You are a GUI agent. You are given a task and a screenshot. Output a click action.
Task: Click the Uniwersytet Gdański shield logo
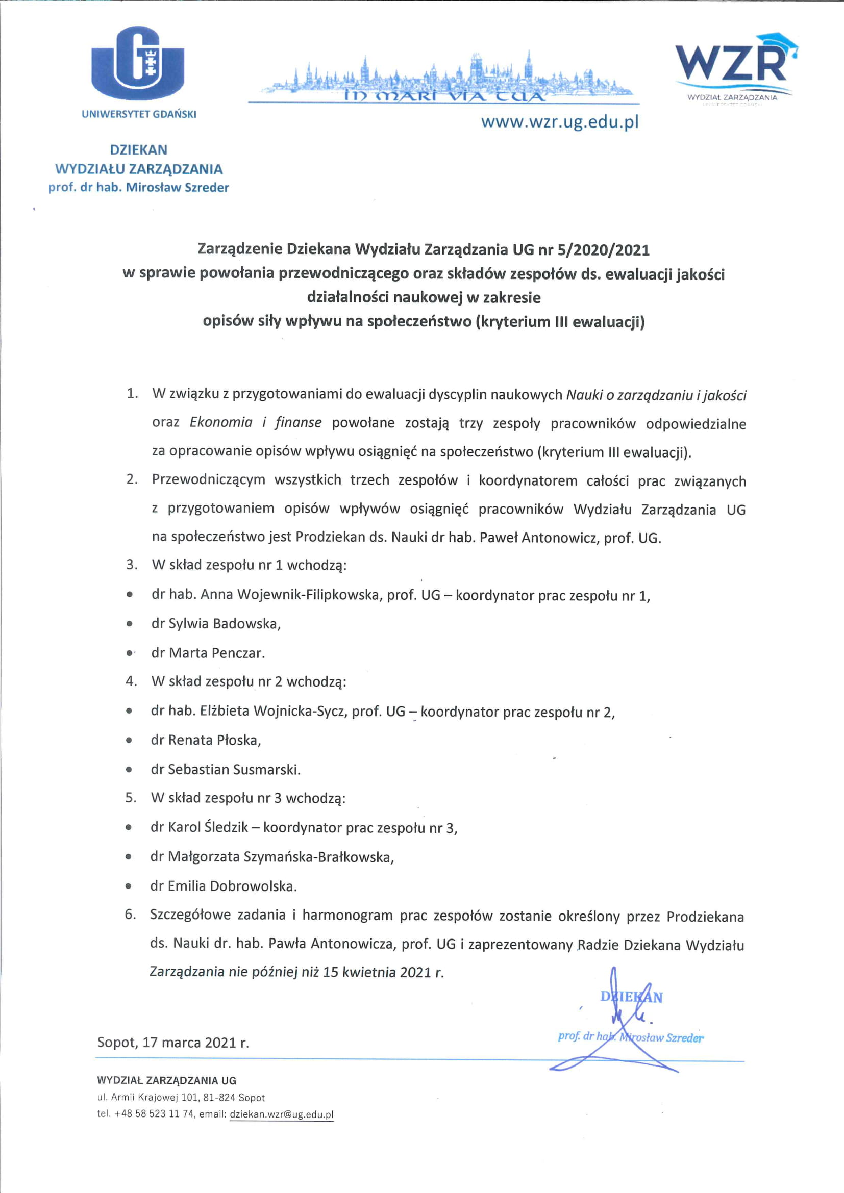[x=138, y=63]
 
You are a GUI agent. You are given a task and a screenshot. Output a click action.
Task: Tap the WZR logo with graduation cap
[x=734, y=62]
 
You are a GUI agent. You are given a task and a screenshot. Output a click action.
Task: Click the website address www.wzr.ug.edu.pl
[x=559, y=122]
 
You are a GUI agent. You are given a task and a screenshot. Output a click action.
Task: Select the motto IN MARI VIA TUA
[x=444, y=96]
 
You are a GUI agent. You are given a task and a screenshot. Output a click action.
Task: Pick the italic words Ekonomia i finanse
[x=255, y=422]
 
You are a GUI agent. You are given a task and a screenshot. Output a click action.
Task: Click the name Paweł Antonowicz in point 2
[x=538, y=538]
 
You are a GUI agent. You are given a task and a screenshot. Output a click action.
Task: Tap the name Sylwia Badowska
[x=224, y=623]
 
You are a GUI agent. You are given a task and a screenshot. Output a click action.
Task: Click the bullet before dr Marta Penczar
[x=129, y=653]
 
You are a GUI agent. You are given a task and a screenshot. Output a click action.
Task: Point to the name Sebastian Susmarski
[x=233, y=769]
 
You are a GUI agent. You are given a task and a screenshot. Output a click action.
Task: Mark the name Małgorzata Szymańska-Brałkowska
[x=281, y=856]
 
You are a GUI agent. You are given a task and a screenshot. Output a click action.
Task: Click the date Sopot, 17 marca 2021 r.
[x=173, y=1043]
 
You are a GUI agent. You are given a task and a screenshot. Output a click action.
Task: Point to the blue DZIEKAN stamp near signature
[x=631, y=997]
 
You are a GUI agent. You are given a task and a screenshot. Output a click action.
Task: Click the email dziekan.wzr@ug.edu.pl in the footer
[x=281, y=1114]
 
